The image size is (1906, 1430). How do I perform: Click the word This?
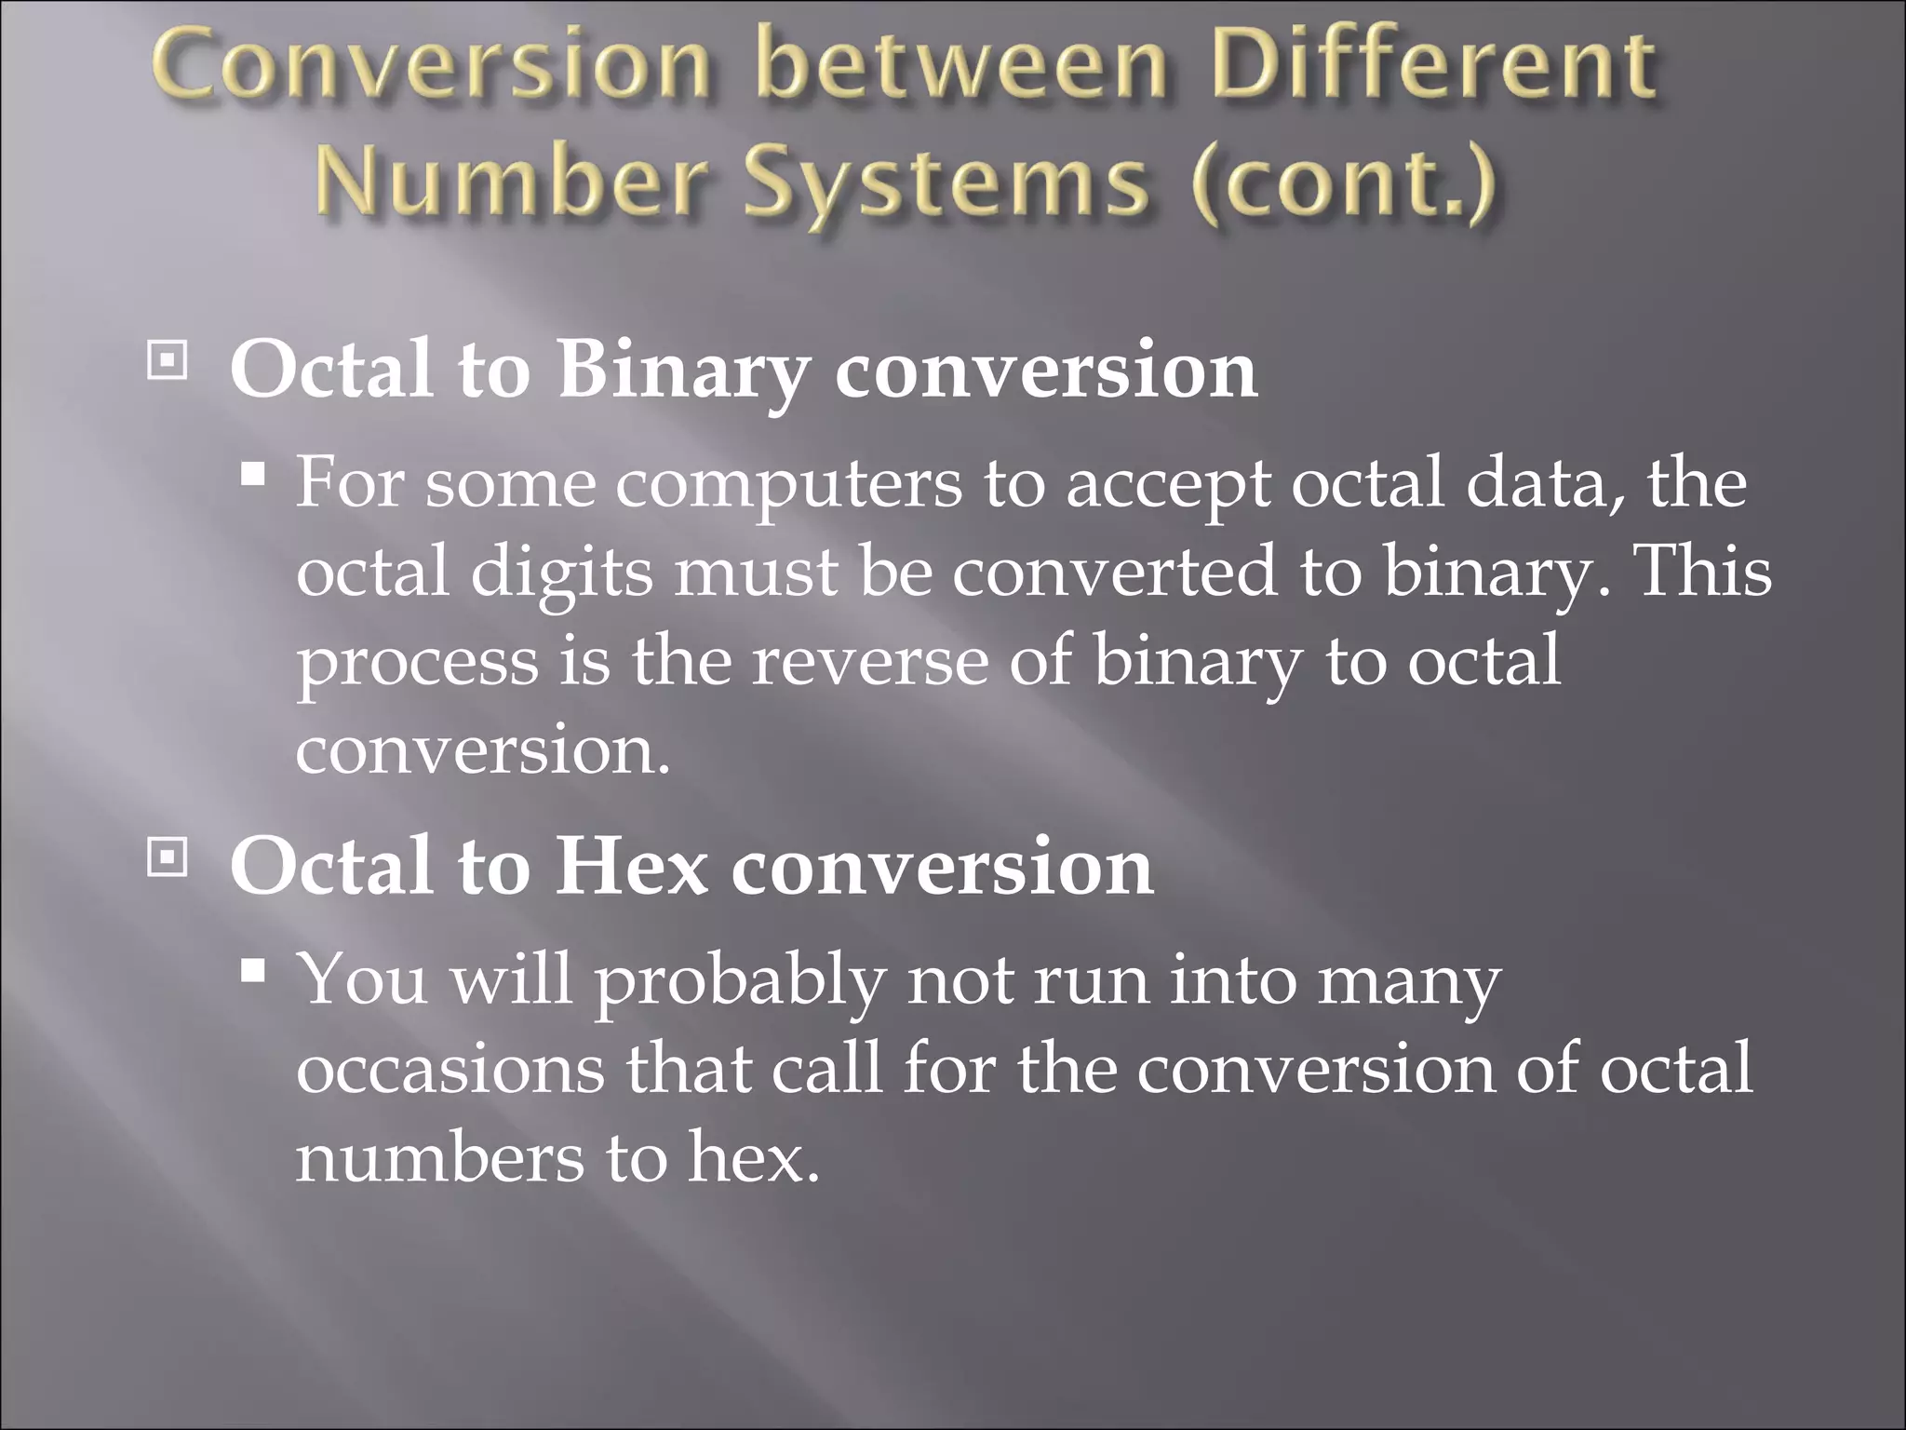(1703, 572)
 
